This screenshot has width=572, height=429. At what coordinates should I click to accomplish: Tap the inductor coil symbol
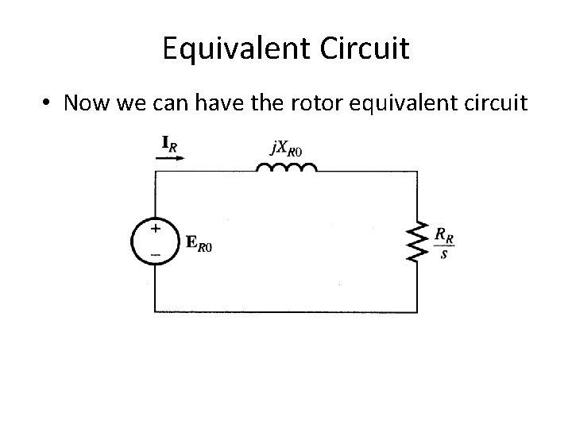(x=286, y=168)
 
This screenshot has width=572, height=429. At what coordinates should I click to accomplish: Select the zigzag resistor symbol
(x=417, y=242)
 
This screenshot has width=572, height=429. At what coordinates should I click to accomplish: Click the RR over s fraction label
(x=444, y=242)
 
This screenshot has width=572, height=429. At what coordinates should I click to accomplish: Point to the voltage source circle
(x=155, y=240)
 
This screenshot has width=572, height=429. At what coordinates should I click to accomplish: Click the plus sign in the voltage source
(x=155, y=228)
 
